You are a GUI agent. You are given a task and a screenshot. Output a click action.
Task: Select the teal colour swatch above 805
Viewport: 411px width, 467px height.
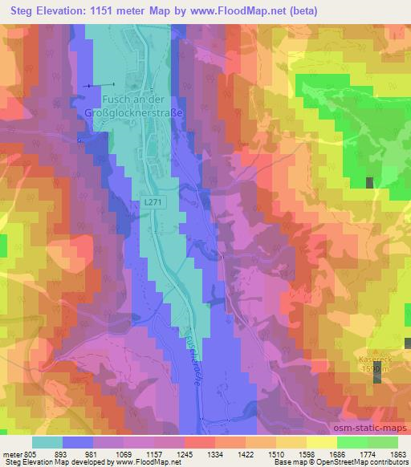pos(47,441)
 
